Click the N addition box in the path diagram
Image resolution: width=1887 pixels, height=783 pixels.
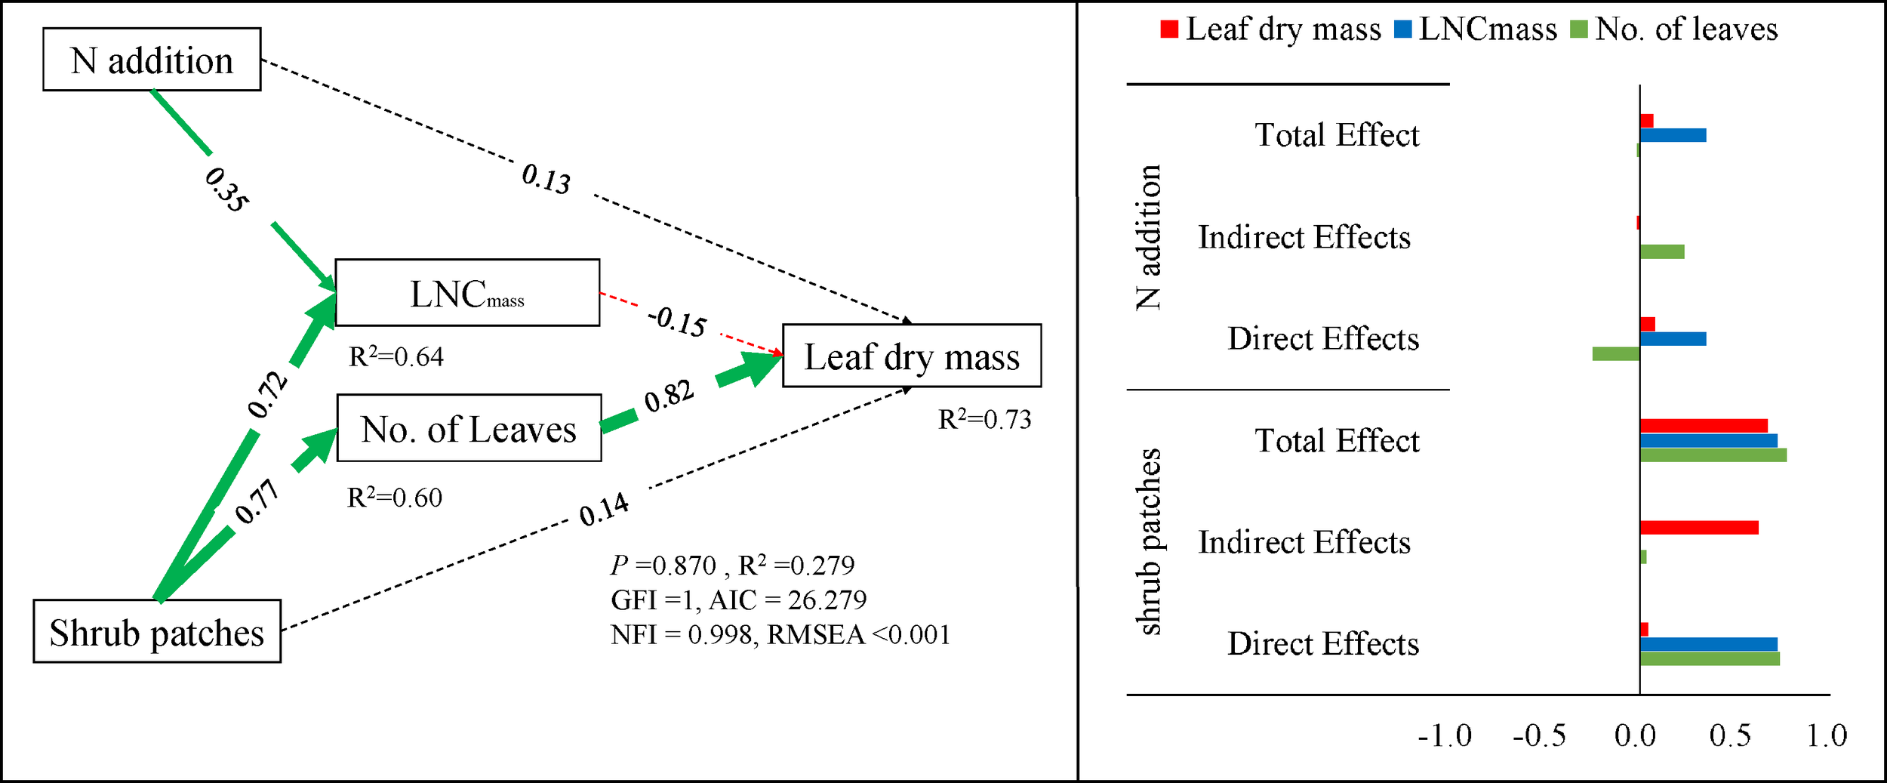point(152,60)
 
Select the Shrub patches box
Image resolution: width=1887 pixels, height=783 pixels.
point(157,632)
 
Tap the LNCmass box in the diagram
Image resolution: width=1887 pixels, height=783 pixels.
point(467,293)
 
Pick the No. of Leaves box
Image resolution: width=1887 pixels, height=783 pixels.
point(469,428)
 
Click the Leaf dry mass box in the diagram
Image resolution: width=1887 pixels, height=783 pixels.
point(912,356)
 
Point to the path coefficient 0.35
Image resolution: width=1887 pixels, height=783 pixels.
point(226,190)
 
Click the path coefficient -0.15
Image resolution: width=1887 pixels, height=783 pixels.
point(677,321)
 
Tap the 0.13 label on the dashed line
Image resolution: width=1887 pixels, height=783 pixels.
point(546,179)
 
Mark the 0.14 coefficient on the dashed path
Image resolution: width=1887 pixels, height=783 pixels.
point(604,510)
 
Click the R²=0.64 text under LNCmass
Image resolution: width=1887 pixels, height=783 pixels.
point(396,356)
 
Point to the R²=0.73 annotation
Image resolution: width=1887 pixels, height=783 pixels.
point(984,419)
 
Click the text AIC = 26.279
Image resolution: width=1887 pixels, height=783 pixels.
point(788,600)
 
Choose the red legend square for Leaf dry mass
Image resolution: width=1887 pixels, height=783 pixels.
point(1169,29)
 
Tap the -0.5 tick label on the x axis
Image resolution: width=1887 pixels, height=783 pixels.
point(1539,736)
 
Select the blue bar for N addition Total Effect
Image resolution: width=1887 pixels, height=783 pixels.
point(1673,135)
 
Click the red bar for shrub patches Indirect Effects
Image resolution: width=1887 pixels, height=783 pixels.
point(1699,528)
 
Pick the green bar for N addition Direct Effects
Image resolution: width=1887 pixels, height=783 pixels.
point(1616,353)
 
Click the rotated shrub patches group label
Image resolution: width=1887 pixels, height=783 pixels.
point(1148,541)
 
